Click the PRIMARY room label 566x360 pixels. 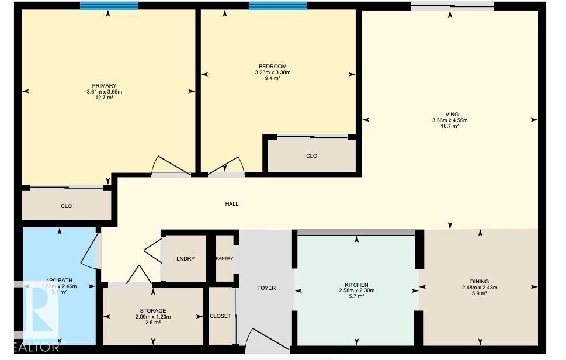tap(104, 86)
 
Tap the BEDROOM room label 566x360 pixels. tap(272, 67)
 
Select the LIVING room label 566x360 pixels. tap(450, 115)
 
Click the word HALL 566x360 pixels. tap(232, 204)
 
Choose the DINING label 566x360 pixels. tap(479, 281)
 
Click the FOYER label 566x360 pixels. tap(266, 288)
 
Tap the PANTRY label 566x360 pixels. tap(224, 259)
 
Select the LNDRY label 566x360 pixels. tap(186, 259)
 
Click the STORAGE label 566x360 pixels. tap(153, 310)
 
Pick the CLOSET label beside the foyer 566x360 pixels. tap(220, 316)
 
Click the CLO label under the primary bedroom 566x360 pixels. tap(66, 206)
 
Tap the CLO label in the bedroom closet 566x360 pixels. tap(311, 156)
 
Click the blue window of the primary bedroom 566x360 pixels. tap(109, 6)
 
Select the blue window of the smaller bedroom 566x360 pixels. tap(277, 6)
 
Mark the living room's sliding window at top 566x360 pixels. tap(452, 6)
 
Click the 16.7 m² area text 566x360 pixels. tap(450, 126)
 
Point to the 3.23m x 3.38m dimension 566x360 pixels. tap(272, 72)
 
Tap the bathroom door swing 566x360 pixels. tap(89, 251)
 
